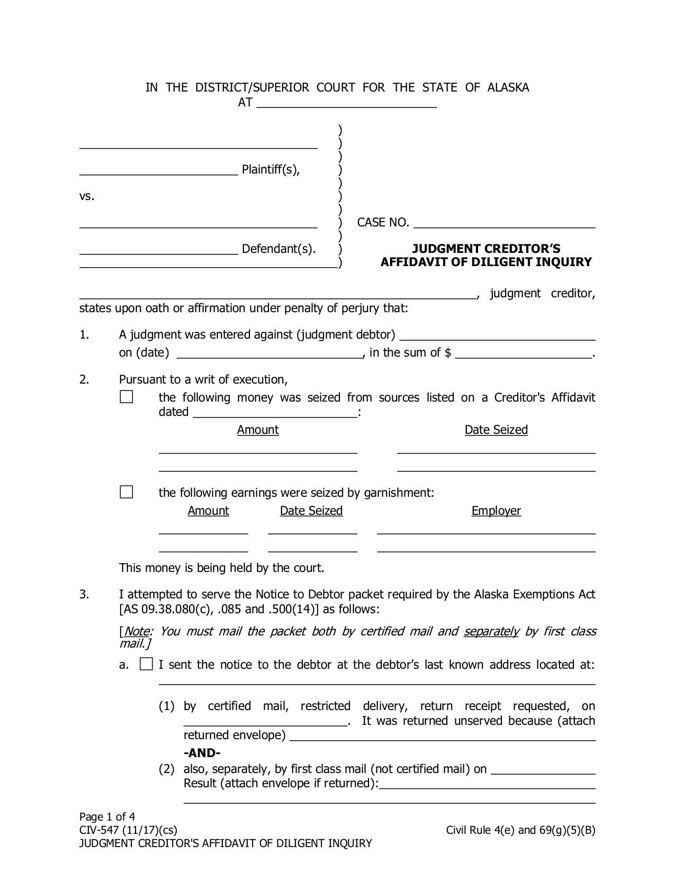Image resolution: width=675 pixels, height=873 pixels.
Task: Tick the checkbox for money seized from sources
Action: coord(127,397)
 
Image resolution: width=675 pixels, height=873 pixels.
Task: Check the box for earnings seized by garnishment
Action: coord(127,492)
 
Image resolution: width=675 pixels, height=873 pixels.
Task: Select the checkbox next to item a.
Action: coord(146,664)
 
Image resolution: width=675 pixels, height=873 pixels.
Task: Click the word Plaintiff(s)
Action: coord(271,169)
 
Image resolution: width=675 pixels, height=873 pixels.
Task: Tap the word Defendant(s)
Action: coord(278,249)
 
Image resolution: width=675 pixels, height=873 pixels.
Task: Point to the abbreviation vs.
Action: coord(87,196)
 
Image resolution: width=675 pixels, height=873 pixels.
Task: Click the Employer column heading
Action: coord(496,511)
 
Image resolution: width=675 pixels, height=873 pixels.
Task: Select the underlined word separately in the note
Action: coord(491,631)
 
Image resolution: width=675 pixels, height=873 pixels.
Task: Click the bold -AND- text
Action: coord(202,753)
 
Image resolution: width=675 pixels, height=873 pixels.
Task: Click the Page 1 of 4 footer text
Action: coord(107,816)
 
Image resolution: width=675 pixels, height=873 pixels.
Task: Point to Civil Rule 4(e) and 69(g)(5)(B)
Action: coord(520,830)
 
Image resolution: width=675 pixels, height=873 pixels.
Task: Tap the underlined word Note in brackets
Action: coord(137,631)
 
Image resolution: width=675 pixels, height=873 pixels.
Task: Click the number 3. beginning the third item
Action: coord(84,594)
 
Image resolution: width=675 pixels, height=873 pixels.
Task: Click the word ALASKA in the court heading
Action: coord(508,87)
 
